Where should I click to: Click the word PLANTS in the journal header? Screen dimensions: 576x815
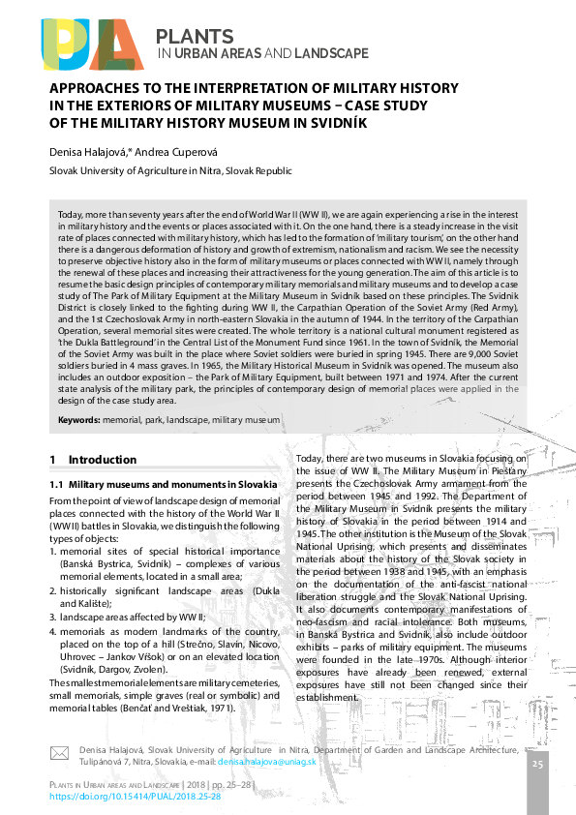point(195,37)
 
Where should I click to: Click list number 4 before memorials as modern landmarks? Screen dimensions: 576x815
point(52,631)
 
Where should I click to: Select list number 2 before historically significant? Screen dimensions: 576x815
point(52,589)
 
